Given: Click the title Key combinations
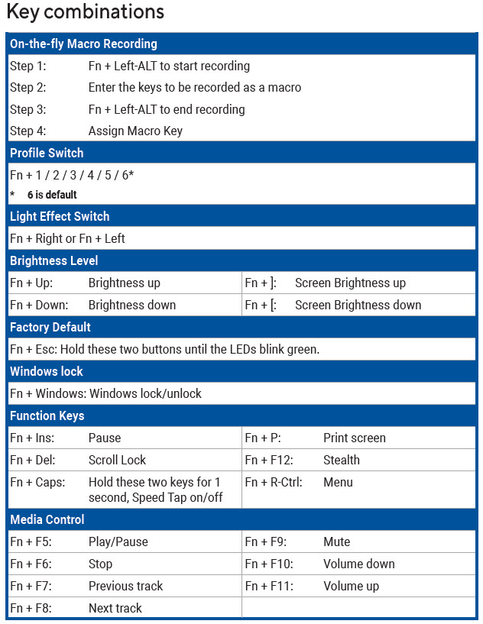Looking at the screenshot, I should (85, 12).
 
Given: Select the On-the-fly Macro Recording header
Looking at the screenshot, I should (83, 44).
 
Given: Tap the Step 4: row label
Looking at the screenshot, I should (28, 131).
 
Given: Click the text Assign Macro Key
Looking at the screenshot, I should (135, 131).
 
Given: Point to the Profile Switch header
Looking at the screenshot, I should (47, 153).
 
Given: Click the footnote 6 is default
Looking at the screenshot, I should (52, 195).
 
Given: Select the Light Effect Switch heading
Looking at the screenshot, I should (60, 216).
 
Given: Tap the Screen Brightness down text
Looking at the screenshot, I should (358, 305).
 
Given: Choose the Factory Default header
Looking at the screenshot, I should (50, 327).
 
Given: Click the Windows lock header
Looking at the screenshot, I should (47, 371).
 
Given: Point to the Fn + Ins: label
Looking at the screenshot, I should (32, 438).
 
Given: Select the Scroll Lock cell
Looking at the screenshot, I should (117, 460).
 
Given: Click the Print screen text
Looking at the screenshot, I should (354, 438).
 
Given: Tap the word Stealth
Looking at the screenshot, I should (341, 460).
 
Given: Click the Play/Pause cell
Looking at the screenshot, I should (118, 542).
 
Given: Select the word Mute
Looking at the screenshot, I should (336, 542).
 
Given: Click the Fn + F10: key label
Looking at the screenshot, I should (270, 564).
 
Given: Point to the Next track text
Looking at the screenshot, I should (115, 608).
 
